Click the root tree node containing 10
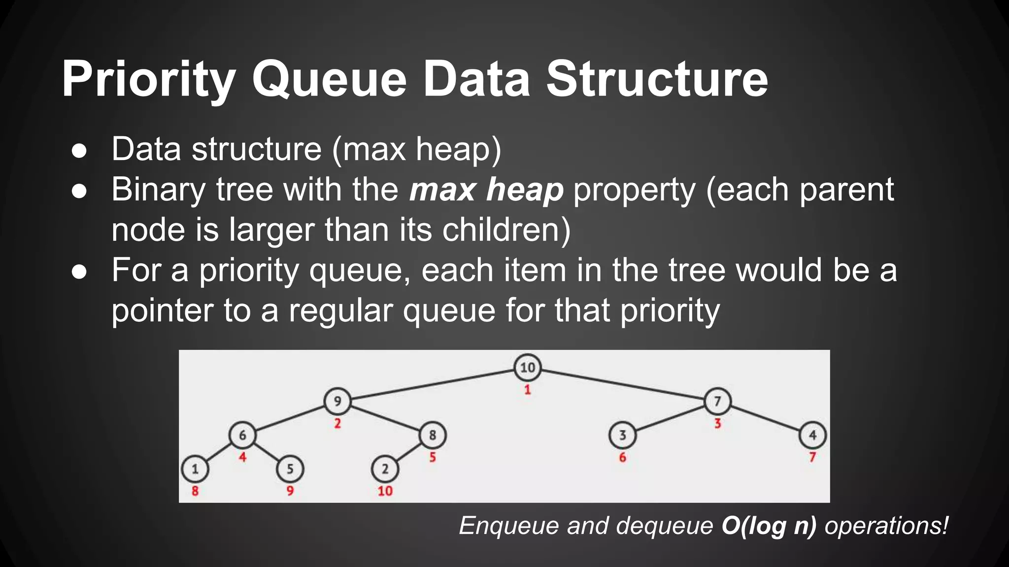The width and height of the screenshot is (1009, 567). click(527, 367)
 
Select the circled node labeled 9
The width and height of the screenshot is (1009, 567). click(337, 401)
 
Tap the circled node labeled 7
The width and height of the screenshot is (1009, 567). click(717, 401)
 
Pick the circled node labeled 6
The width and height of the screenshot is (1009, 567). click(242, 435)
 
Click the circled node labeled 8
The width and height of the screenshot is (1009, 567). click(433, 435)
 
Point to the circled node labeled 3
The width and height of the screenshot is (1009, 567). click(622, 435)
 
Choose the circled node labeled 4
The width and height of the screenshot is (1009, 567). click(812, 435)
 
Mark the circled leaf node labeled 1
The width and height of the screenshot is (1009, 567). click(195, 469)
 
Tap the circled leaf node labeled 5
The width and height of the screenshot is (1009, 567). click(290, 469)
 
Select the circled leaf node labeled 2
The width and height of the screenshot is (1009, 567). click(385, 469)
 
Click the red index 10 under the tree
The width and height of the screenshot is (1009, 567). click(385, 491)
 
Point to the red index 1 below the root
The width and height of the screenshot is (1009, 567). click(527, 390)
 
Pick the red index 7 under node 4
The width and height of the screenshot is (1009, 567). click(812, 457)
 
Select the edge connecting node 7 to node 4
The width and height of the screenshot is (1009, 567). click(765, 418)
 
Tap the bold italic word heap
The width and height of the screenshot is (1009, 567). click(524, 189)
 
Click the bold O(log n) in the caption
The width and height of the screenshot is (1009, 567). click(769, 526)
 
